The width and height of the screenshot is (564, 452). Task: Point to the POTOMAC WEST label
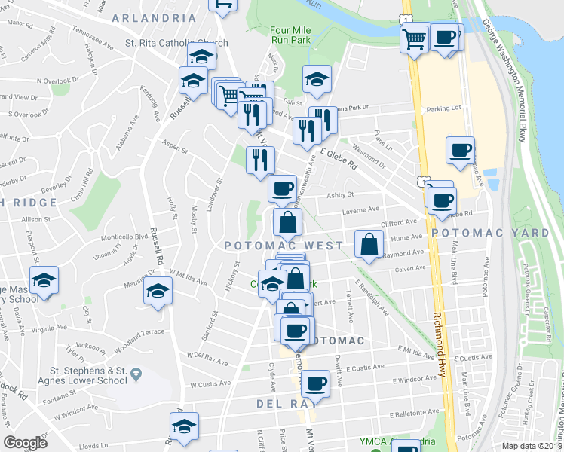pos(284,246)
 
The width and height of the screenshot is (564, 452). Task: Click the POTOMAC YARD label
pos(498,233)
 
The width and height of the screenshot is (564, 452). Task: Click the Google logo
pos(26,443)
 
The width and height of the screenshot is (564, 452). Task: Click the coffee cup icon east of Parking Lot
pos(460,149)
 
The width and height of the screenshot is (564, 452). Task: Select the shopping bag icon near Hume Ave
pos(367,244)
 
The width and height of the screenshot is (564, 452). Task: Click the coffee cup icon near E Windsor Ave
pos(315,383)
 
